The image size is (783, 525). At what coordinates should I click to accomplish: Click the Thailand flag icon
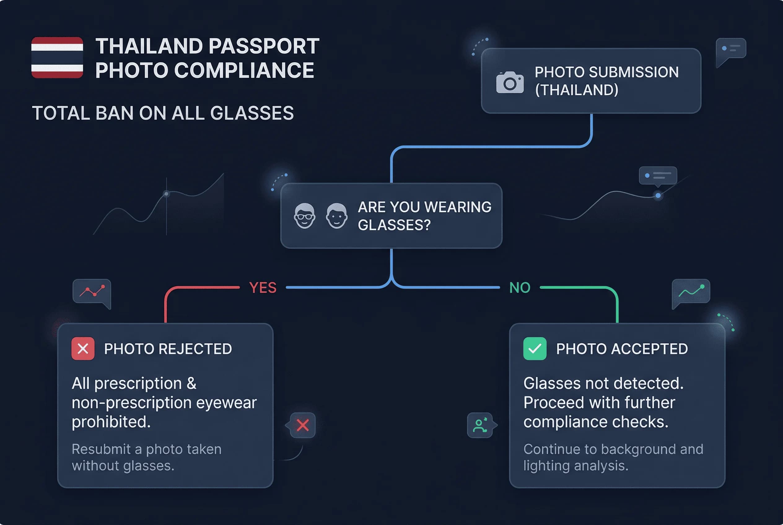57,58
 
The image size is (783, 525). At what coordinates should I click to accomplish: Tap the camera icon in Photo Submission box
510,82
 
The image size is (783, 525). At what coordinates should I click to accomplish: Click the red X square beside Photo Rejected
83,349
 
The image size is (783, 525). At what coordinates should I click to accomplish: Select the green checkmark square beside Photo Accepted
535,349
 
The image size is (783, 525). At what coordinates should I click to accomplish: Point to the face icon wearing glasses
304,216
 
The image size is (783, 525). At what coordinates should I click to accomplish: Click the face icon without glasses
336,216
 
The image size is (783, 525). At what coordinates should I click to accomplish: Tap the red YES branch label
263,288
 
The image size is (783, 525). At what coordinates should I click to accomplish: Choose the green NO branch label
520,288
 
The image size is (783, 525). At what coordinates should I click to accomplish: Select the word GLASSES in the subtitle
252,113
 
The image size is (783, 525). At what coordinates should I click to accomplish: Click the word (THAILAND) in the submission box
576,90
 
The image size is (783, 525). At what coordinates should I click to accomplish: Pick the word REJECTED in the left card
195,349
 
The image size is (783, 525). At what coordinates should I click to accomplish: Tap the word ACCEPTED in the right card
649,349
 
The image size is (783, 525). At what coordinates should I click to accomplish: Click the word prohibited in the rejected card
111,422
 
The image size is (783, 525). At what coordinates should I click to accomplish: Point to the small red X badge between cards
303,425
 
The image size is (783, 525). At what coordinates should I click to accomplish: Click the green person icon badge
480,425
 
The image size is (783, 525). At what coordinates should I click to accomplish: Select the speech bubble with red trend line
92,292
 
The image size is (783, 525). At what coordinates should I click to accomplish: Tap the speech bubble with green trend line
691,292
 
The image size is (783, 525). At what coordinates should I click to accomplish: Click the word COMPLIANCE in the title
243,70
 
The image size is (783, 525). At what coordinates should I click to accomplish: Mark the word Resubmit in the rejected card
101,449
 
